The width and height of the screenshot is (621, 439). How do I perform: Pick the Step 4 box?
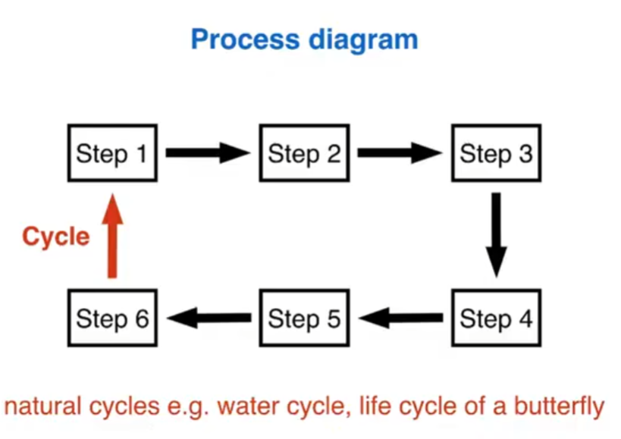[x=496, y=318]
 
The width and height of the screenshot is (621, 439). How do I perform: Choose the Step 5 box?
[x=304, y=318]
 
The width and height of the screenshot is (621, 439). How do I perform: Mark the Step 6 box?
[x=111, y=318]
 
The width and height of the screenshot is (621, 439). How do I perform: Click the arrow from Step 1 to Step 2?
[x=207, y=153]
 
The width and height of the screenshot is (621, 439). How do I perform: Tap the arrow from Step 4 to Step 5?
[x=400, y=318]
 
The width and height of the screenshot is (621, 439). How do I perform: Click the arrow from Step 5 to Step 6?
[x=209, y=318]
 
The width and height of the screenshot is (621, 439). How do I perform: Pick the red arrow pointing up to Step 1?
[x=112, y=235]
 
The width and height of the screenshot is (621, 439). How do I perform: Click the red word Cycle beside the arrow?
[x=55, y=237]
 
